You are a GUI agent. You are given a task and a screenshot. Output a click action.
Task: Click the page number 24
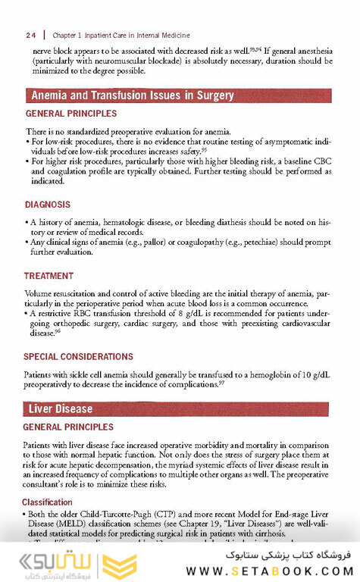pos(31,35)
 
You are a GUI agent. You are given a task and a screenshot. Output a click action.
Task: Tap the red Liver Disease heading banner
pos(60,409)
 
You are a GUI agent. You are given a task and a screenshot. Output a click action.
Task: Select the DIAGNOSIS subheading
pos(48,205)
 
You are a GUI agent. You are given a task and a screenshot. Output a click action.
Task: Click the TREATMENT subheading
pos(49,276)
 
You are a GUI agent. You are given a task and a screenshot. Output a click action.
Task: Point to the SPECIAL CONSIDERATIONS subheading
pos(79,357)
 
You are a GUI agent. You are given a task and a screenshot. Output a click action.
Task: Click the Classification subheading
pos(47,502)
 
